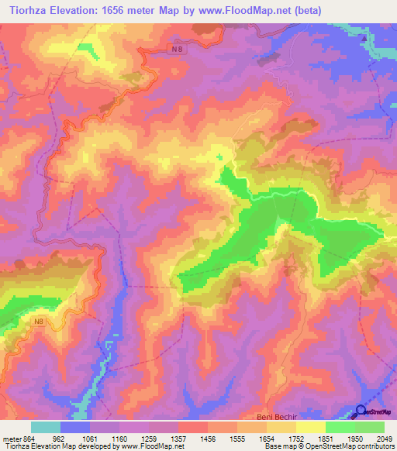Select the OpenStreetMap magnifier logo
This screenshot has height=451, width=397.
361,412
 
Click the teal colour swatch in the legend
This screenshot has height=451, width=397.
46,427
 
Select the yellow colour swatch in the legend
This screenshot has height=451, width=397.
311,427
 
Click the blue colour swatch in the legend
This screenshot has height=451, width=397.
75,427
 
